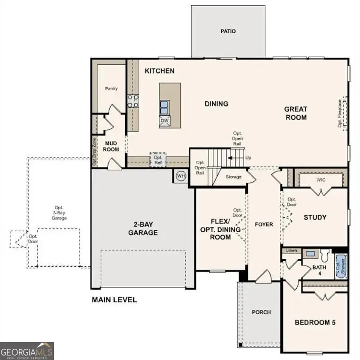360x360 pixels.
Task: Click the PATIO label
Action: (x=228, y=31)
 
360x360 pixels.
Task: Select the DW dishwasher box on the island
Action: (x=165, y=121)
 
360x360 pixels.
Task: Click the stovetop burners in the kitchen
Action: (x=133, y=101)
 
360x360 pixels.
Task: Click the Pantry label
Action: (x=111, y=88)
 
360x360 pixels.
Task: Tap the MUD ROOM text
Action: (x=111, y=146)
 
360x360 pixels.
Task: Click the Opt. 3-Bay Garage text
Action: (x=59, y=213)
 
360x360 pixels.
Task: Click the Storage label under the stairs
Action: (x=233, y=177)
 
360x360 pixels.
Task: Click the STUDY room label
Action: (x=315, y=217)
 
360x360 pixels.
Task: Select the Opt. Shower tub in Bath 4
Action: (x=340, y=266)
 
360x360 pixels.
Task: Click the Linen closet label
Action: (x=292, y=251)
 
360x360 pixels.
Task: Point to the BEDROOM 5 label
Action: (x=315, y=322)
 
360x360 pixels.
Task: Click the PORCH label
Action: (x=261, y=312)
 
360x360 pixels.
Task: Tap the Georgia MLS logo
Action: (x=27, y=351)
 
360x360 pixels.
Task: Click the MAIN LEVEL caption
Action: (x=114, y=300)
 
